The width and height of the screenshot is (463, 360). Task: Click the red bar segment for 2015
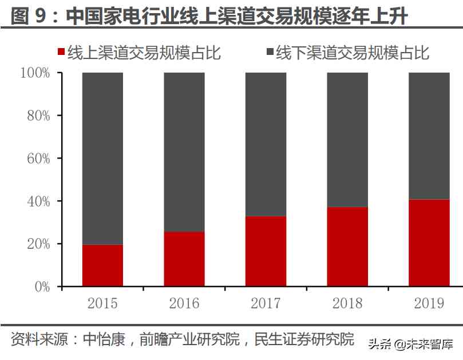click(x=102, y=266)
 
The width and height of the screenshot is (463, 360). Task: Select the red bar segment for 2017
click(x=266, y=251)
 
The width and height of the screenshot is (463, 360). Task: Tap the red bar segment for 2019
click(x=429, y=243)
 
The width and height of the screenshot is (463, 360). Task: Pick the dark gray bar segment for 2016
click(x=184, y=152)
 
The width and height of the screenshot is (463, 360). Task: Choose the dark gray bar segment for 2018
click(x=347, y=140)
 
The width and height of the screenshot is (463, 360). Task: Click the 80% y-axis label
click(x=38, y=116)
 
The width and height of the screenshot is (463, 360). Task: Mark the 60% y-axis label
click(x=38, y=159)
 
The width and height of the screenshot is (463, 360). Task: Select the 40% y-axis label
click(x=38, y=201)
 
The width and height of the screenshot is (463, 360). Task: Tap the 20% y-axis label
click(x=38, y=244)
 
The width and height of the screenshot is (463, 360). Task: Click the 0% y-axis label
click(x=42, y=287)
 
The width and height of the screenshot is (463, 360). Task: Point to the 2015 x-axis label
click(x=102, y=303)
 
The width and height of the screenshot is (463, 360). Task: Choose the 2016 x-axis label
click(x=184, y=303)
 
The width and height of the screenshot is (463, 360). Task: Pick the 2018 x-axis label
click(x=347, y=303)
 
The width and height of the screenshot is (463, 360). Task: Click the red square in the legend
click(x=61, y=53)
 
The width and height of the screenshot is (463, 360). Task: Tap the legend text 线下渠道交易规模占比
click(x=353, y=53)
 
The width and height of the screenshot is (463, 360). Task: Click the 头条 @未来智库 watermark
click(x=410, y=345)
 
